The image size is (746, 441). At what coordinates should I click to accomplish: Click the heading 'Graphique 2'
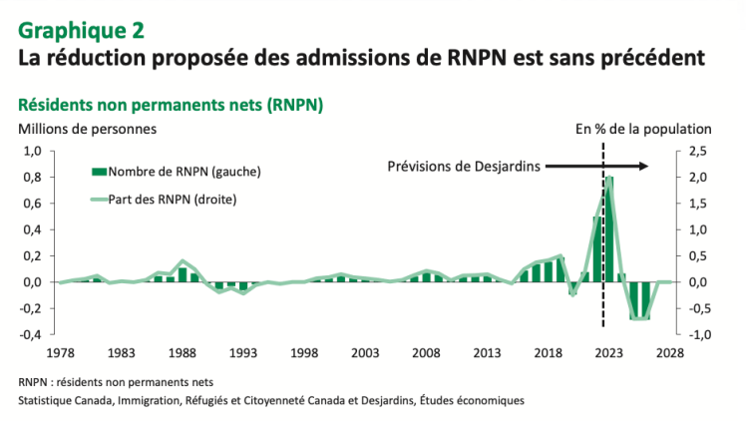coord(81,29)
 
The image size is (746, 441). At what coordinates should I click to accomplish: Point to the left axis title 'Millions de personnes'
coord(87,129)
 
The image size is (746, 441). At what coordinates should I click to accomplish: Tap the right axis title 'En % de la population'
coord(643,129)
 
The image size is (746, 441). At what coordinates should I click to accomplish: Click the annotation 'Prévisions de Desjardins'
coord(464,167)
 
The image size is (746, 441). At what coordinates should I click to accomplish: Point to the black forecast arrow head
coord(645,167)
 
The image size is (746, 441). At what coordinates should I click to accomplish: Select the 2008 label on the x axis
coord(426,353)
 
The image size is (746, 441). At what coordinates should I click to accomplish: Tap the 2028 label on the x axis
coord(670,353)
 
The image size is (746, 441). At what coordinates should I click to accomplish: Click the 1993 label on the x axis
coord(242,353)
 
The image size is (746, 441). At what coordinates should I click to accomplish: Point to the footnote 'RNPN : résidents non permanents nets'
coord(116,382)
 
